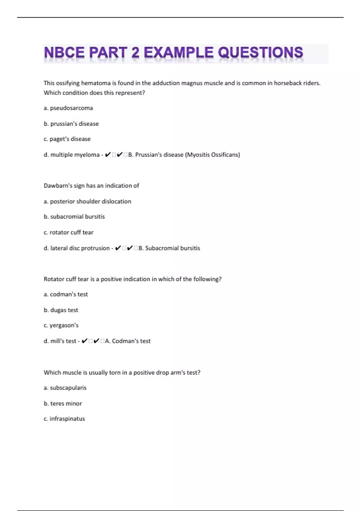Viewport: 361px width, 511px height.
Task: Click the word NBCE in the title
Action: [64, 53]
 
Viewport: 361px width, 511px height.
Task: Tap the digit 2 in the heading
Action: [135, 53]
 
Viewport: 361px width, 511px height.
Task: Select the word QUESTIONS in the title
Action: [261, 53]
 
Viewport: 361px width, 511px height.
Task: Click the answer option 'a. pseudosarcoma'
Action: [68, 108]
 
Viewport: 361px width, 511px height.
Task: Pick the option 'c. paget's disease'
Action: [67, 139]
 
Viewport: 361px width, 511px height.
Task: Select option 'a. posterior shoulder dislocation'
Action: [88, 201]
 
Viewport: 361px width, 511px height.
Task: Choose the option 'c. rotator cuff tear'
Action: [69, 232]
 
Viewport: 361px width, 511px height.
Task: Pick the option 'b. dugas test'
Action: [61, 310]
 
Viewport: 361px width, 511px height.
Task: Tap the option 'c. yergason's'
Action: [61, 325]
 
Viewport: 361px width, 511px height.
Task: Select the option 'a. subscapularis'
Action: [65, 388]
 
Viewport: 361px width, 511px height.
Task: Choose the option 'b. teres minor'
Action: [63, 403]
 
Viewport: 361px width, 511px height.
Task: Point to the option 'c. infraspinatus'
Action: [64, 419]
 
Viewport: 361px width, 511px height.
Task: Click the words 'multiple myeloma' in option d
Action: [75, 155]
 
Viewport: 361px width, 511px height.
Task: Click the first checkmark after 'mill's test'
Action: [85, 341]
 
